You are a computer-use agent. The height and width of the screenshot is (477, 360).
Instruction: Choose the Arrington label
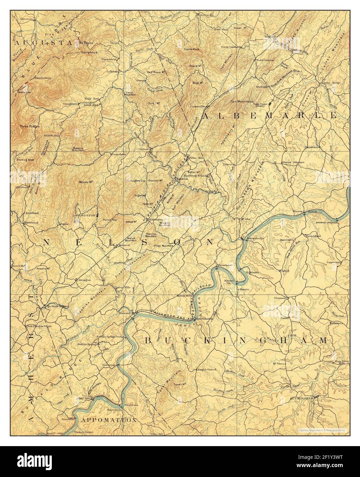[x=84, y=280]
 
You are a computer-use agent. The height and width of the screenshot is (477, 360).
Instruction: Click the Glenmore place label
[x=280, y=298]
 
